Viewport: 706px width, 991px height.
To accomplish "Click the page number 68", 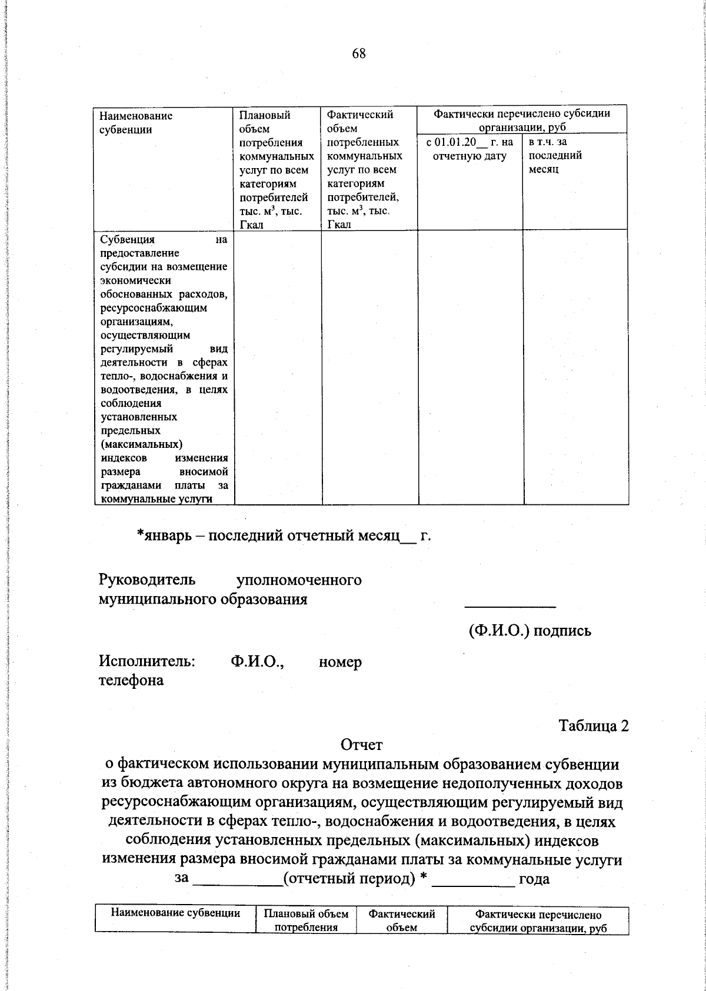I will [x=359, y=54].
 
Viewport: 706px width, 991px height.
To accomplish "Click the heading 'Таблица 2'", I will [x=594, y=726].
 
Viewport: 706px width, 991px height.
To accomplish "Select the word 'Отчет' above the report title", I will [x=361, y=745].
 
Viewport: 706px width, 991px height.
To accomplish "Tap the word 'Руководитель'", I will [x=146, y=580].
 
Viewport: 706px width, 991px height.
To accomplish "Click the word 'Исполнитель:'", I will [x=147, y=662].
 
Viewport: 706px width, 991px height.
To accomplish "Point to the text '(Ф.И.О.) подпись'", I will [x=529, y=631].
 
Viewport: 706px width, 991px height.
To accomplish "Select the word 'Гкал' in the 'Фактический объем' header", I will [x=339, y=225].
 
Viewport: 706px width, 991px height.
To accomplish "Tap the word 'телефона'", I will [x=131, y=681].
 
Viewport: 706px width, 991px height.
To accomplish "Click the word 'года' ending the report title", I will [x=534, y=879].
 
